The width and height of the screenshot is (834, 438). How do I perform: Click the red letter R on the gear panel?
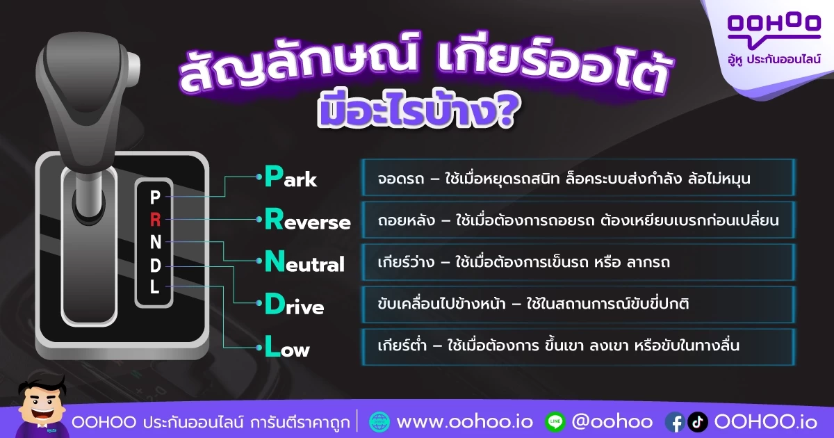(155, 220)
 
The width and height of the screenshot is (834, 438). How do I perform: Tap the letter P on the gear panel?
(155, 197)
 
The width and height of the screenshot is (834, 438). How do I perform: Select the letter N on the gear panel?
(156, 243)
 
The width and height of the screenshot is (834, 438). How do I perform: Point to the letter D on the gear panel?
(156, 266)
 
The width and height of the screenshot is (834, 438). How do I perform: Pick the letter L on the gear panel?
(155, 286)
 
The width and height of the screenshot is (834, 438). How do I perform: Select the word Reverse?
(307, 220)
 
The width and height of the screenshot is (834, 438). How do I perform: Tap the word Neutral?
(304, 261)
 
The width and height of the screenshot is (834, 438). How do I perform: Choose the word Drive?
(294, 304)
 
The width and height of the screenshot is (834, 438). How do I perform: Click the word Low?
(287, 346)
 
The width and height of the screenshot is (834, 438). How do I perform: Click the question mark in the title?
(504, 111)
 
